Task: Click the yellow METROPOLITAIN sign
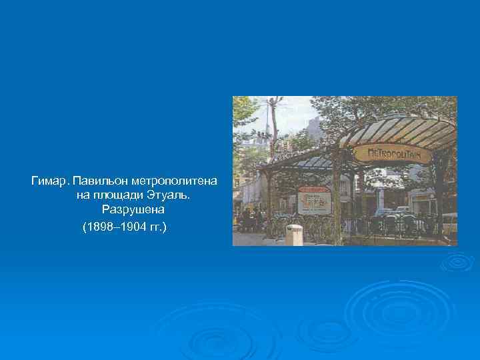pyautogui.click(x=399, y=153)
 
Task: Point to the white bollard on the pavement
pyautogui.click(x=293, y=235)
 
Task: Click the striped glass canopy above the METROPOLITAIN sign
pyautogui.click(x=400, y=127)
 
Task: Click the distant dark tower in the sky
pyautogui.click(x=313, y=127)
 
